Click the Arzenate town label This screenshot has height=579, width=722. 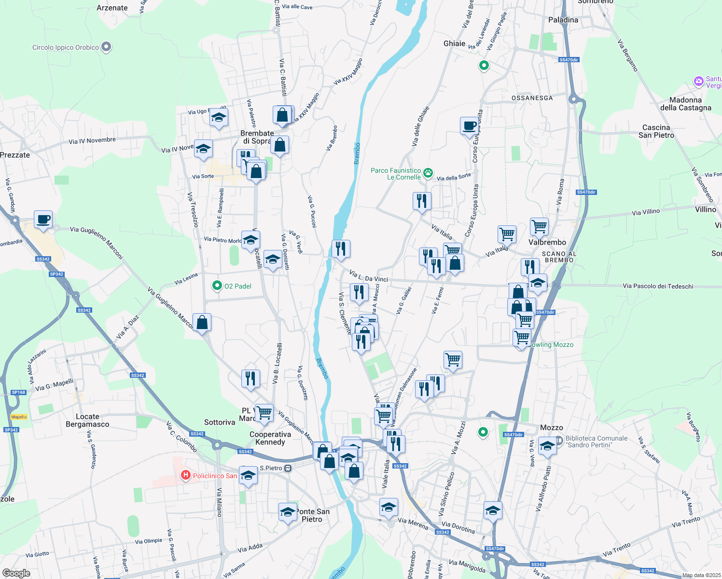[x=112, y=8]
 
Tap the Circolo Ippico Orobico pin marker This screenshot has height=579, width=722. [x=107, y=47]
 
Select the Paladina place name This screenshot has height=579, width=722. [x=563, y=20]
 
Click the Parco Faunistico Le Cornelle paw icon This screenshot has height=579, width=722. [x=428, y=172]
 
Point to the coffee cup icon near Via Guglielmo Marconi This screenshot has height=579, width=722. [x=43, y=220]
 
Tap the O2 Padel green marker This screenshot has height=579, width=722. [x=217, y=286]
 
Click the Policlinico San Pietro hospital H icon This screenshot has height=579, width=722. [x=185, y=475]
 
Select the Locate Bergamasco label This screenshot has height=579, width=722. [x=87, y=420]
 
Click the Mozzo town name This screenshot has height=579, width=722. [x=551, y=427]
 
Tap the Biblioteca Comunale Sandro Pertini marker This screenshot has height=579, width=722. [x=559, y=440]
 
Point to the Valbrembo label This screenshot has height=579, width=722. [x=547, y=242]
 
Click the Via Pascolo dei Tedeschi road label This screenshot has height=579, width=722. [x=657, y=286]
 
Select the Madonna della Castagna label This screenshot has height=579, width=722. [x=685, y=104]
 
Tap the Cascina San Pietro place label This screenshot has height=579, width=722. [x=656, y=131]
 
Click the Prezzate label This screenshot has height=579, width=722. [x=15, y=155]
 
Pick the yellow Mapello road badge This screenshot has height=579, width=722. [x=19, y=417]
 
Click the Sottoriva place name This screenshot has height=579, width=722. [x=220, y=422]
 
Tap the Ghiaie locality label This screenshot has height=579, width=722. [x=454, y=43]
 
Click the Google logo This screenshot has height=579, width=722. [x=16, y=573]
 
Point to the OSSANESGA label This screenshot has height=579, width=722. [x=532, y=98]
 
